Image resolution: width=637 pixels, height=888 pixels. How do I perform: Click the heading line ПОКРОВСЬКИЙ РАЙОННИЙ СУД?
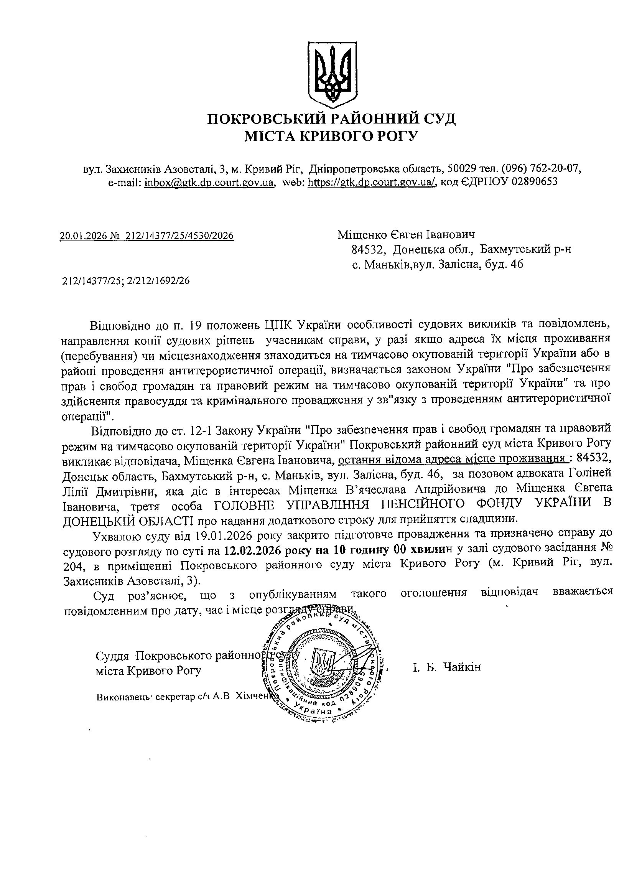click(331, 119)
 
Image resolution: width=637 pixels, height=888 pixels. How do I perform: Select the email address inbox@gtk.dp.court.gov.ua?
click(209, 182)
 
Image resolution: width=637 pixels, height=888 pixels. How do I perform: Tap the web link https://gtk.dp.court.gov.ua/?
click(372, 182)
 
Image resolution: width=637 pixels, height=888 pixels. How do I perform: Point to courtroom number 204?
click(73, 565)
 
